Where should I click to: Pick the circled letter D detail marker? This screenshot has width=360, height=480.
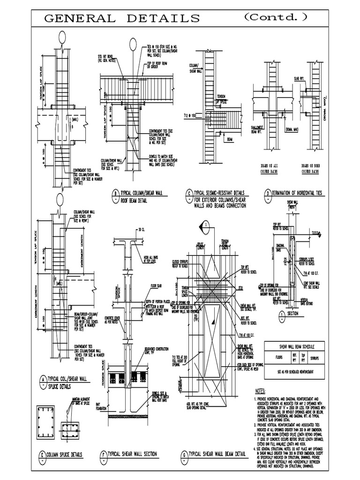[x=268, y=193]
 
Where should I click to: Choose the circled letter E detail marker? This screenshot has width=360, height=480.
[x=42, y=454]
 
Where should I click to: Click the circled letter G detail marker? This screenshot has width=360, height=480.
[x=184, y=454]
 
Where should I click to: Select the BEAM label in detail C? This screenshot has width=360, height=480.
[x=230, y=139]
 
